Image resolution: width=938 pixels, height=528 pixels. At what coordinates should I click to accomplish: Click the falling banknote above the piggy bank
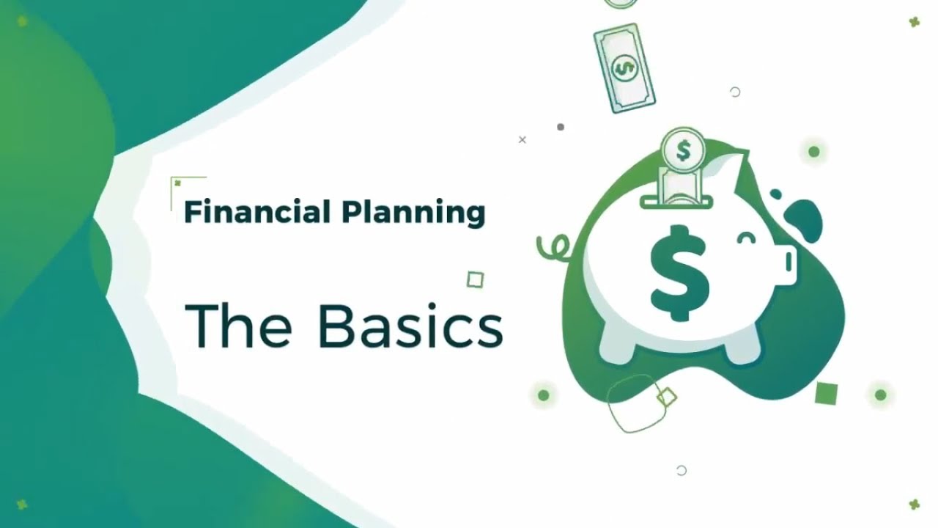click(624, 67)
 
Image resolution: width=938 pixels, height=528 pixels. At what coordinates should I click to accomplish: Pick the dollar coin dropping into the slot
click(684, 150)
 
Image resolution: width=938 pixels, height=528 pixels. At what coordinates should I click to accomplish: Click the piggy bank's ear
click(733, 165)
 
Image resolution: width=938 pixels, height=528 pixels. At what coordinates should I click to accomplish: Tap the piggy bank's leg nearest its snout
click(737, 349)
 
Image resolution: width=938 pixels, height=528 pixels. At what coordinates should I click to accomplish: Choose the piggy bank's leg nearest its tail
click(620, 349)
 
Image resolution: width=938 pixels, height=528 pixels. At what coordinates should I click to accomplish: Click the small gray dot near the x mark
click(561, 127)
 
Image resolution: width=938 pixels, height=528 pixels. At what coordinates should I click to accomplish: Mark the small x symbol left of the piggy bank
click(522, 139)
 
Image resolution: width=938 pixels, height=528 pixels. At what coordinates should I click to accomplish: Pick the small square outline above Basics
click(475, 279)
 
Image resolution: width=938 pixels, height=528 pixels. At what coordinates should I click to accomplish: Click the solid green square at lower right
click(826, 393)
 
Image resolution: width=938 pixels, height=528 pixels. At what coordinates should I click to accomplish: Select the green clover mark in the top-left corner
click(22, 21)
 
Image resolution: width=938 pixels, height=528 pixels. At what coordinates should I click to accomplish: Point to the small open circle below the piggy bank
click(682, 471)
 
